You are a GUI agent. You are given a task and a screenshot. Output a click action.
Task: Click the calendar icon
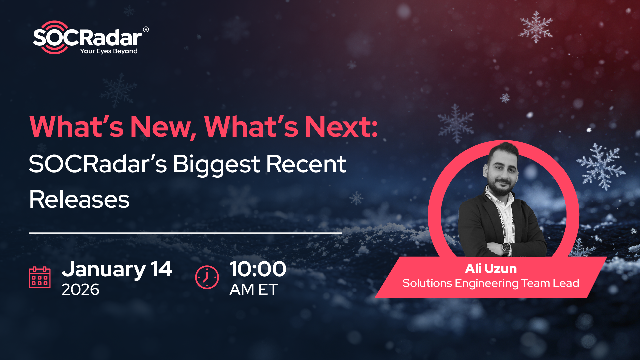[x=40, y=276]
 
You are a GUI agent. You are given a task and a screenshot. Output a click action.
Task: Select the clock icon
[x=207, y=276]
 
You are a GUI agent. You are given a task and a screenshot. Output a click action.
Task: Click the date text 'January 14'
[x=117, y=268]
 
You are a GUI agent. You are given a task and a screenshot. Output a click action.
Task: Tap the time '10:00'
[x=258, y=268]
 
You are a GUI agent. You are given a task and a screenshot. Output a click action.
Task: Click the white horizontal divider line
[x=185, y=231]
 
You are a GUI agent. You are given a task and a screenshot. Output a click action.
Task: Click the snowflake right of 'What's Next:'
[x=456, y=125]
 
